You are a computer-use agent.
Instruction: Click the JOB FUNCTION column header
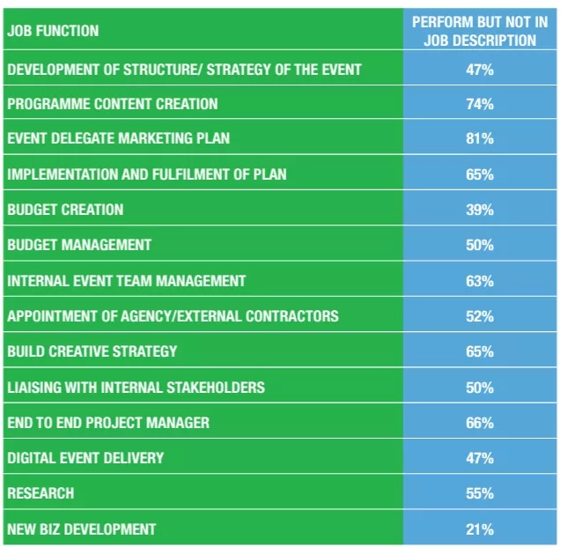tap(53, 31)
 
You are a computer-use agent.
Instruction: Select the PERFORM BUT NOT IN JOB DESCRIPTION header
tap(480, 31)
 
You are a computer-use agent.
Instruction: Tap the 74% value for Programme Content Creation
tap(480, 104)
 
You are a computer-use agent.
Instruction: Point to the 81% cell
tap(480, 139)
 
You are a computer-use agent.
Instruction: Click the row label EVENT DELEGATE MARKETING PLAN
tap(119, 139)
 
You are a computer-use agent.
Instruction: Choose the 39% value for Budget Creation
tap(480, 210)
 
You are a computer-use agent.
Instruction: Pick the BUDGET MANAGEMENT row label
tap(79, 245)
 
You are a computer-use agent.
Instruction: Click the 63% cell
tap(480, 281)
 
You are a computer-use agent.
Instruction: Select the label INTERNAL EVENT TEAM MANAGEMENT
tap(126, 281)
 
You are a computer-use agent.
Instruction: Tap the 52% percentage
tap(480, 316)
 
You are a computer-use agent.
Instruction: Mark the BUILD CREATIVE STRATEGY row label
tap(92, 351)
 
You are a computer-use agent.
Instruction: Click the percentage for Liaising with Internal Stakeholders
tap(480, 388)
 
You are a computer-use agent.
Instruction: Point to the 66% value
tap(480, 423)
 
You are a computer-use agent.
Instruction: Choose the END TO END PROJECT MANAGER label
tap(108, 423)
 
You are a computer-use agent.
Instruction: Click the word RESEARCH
tap(41, 494)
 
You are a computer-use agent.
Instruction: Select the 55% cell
tap(480, 494)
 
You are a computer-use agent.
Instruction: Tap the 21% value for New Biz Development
tap(480, 529)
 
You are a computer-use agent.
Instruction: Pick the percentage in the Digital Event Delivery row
tap(480, 458)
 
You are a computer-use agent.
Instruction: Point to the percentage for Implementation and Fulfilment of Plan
tap(480, 174)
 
